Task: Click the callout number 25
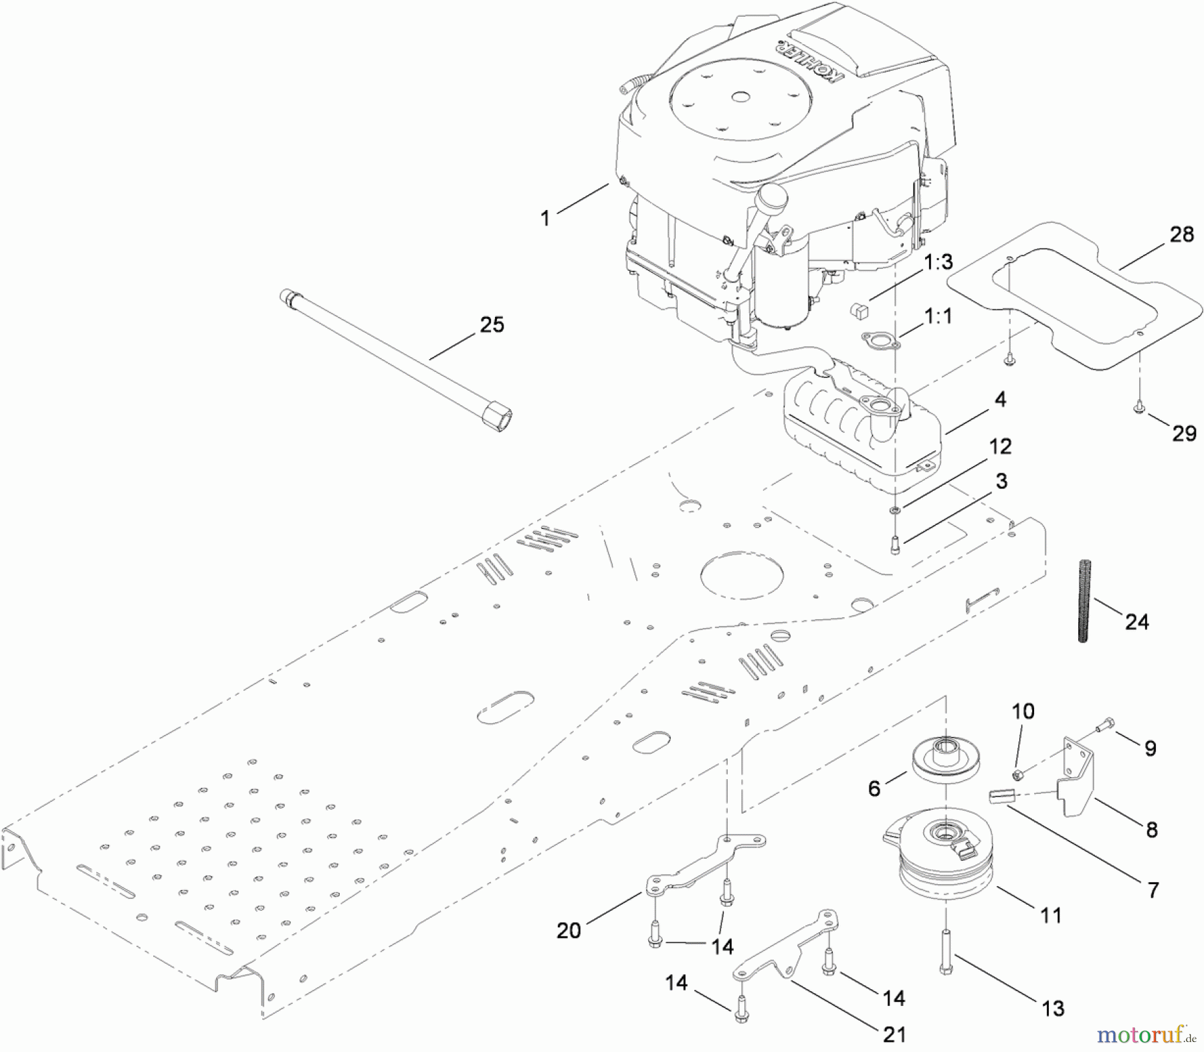click(x=492, y=325)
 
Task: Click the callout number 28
click(x=1182, y=235)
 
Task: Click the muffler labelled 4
click(x=863, y=435)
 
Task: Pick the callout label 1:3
click(x=938, y=262)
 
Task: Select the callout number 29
click(x=1184, y=433)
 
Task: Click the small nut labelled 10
click(x=1015, y=774)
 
